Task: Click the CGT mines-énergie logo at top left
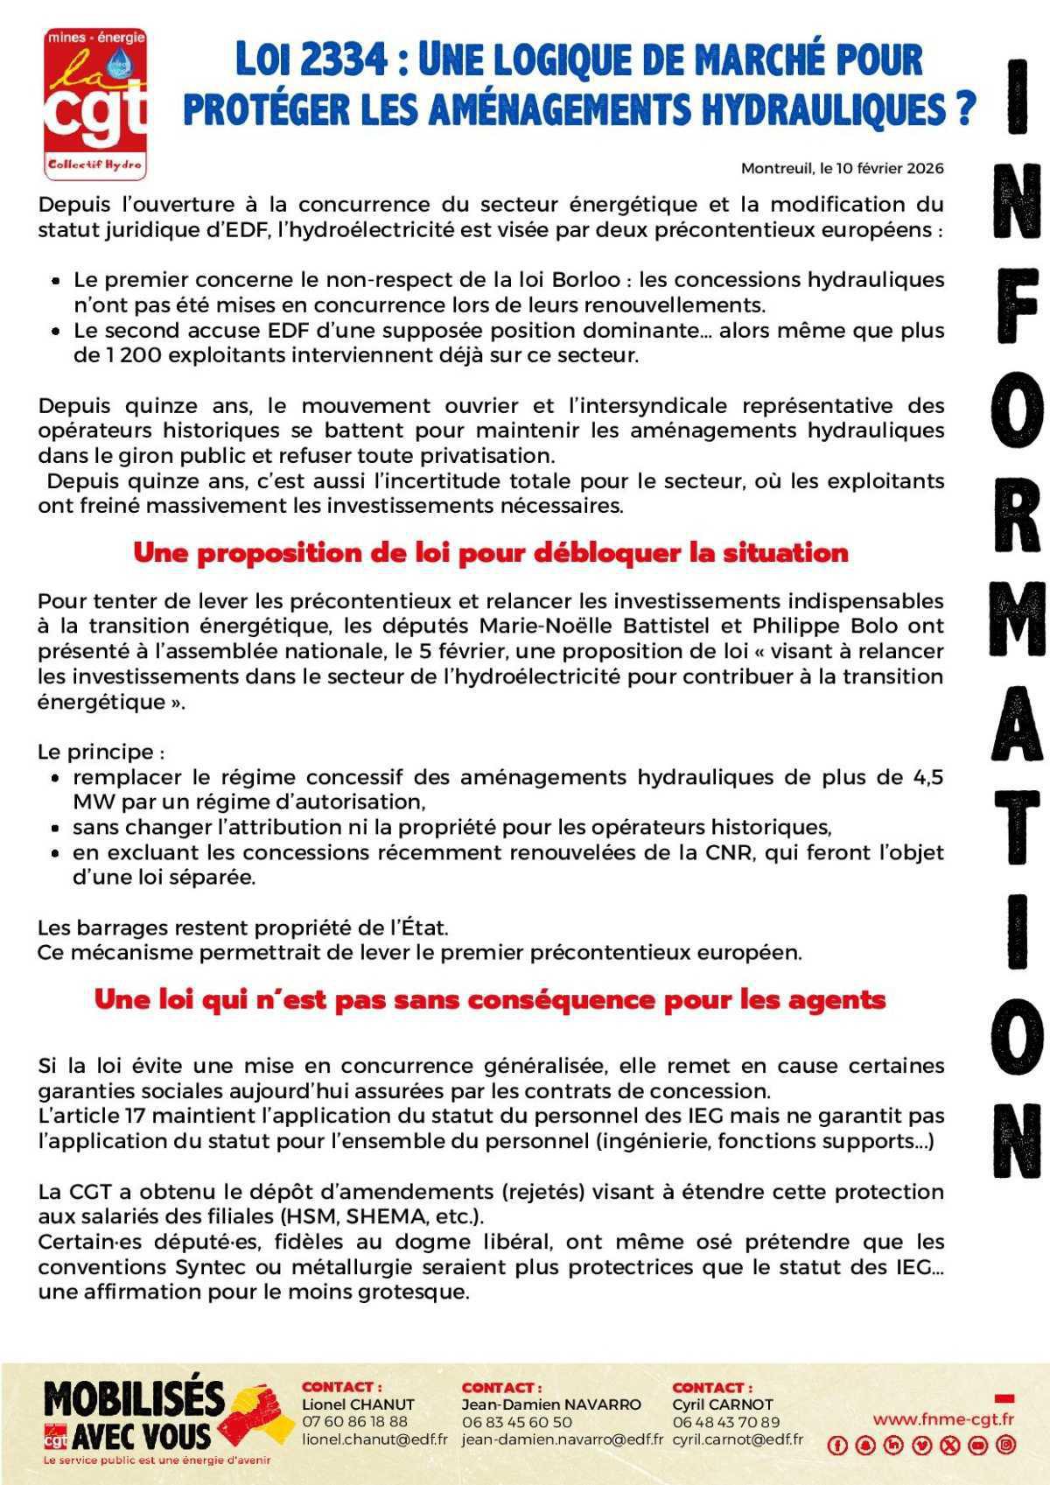[x=95, y=103]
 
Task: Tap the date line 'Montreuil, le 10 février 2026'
[x=842, y=168]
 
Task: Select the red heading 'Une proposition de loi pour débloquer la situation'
[x=490, y=553]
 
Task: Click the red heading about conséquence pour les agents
[x=490, y=999]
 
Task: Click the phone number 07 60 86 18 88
[x=354, y=1421]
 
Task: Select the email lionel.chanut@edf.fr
[x=374, y=1439]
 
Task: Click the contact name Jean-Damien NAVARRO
[x=550, y=1404]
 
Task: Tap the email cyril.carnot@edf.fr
[x=737, y=1439]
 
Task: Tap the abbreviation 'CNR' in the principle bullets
[x=731, y=852]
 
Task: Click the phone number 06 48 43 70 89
[x=725, y=1421]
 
